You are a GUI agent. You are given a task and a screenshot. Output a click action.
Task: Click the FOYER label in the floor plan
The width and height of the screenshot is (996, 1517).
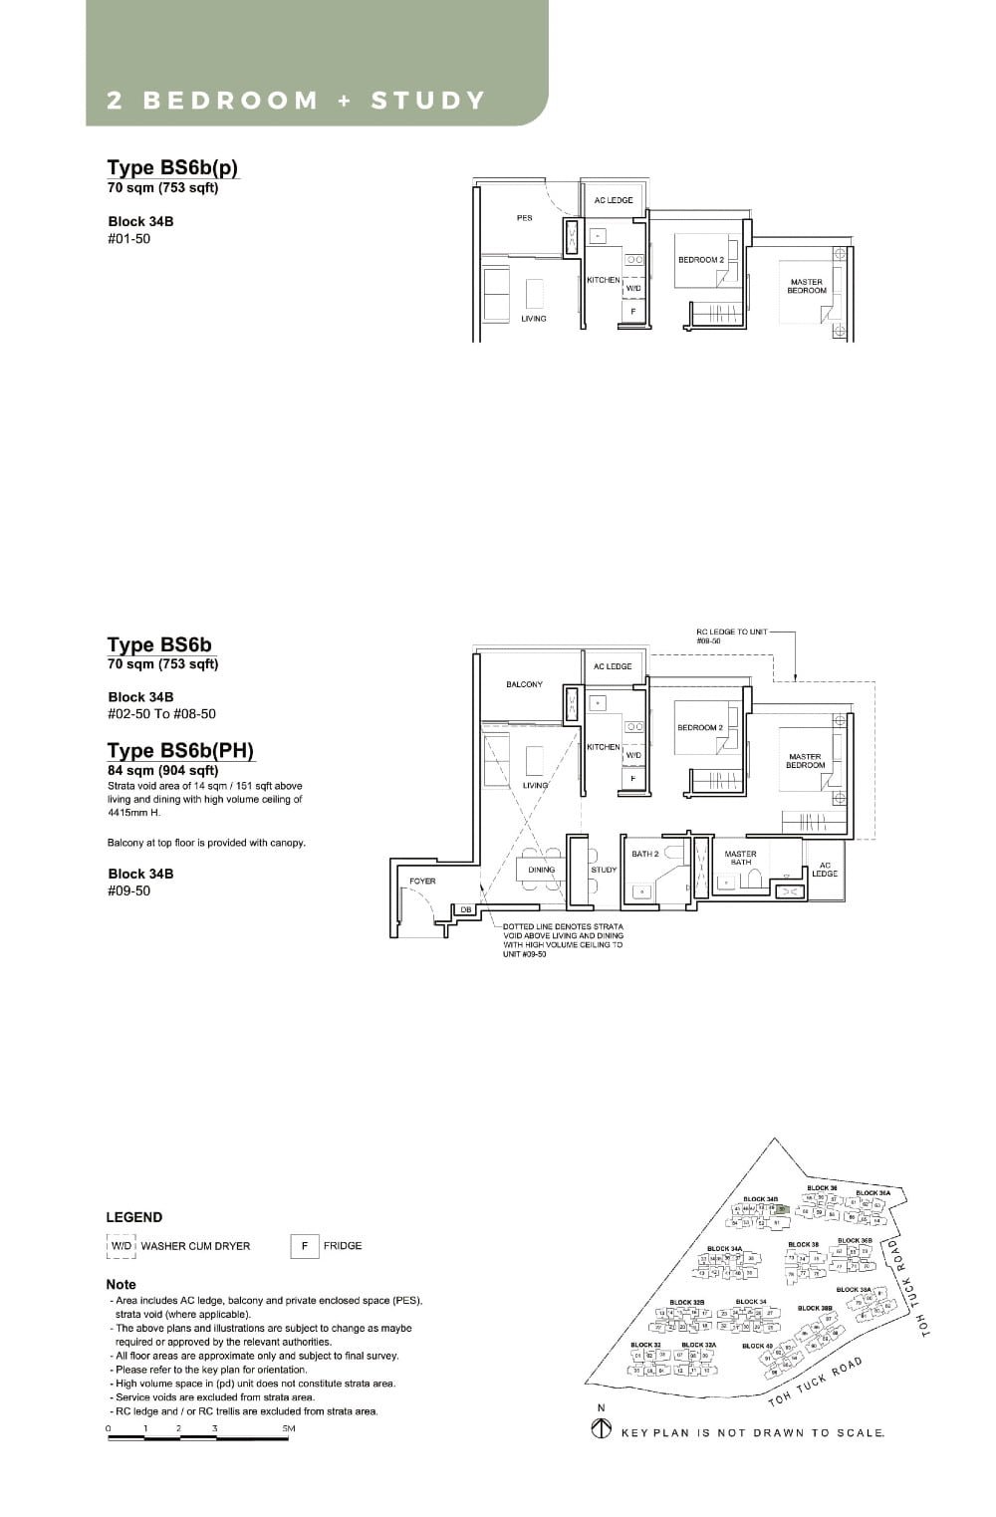tap(422, 881)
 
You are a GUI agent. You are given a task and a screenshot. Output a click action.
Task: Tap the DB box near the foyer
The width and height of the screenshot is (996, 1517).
tap(465, 909)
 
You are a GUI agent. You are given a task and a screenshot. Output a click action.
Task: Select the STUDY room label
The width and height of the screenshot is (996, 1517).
tap(604, 870)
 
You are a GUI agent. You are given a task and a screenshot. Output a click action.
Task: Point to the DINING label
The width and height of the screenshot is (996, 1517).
tap(541, 870)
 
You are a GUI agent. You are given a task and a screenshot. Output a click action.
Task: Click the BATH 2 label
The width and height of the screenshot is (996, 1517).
tap(644, 854)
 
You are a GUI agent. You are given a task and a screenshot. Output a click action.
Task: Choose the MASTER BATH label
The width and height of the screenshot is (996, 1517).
tap(740, 858)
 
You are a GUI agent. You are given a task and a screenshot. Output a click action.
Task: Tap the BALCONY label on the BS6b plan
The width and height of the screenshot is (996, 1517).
tap(524, 684)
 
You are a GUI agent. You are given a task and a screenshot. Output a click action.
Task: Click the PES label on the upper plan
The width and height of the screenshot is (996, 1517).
tap(524, 217)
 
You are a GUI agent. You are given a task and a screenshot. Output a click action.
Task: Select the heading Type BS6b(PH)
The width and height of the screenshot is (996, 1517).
tap(180, 750)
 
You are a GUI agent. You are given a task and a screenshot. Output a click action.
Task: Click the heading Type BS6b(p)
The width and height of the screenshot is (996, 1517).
tap(172, 166)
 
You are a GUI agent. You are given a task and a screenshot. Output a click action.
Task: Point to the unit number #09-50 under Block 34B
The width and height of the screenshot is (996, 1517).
tap(128, 890)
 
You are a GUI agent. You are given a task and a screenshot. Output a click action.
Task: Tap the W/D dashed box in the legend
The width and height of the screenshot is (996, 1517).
tap(121, 1246)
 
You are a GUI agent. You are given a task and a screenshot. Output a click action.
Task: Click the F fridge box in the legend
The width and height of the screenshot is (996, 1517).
tap(304, 1246)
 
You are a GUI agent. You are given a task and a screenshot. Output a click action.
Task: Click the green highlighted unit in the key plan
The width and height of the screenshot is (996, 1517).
tap(782, 1209)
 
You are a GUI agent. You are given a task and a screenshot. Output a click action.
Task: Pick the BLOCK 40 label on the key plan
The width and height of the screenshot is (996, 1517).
tap(756, 1346)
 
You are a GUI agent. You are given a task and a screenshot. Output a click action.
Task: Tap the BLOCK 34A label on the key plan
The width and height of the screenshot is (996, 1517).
tap(724, 1248)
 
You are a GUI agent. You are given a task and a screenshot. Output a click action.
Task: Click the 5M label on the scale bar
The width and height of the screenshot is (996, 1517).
tap(289, 1428)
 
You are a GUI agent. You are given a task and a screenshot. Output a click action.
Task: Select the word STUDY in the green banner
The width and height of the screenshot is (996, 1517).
tap(428, 101)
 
